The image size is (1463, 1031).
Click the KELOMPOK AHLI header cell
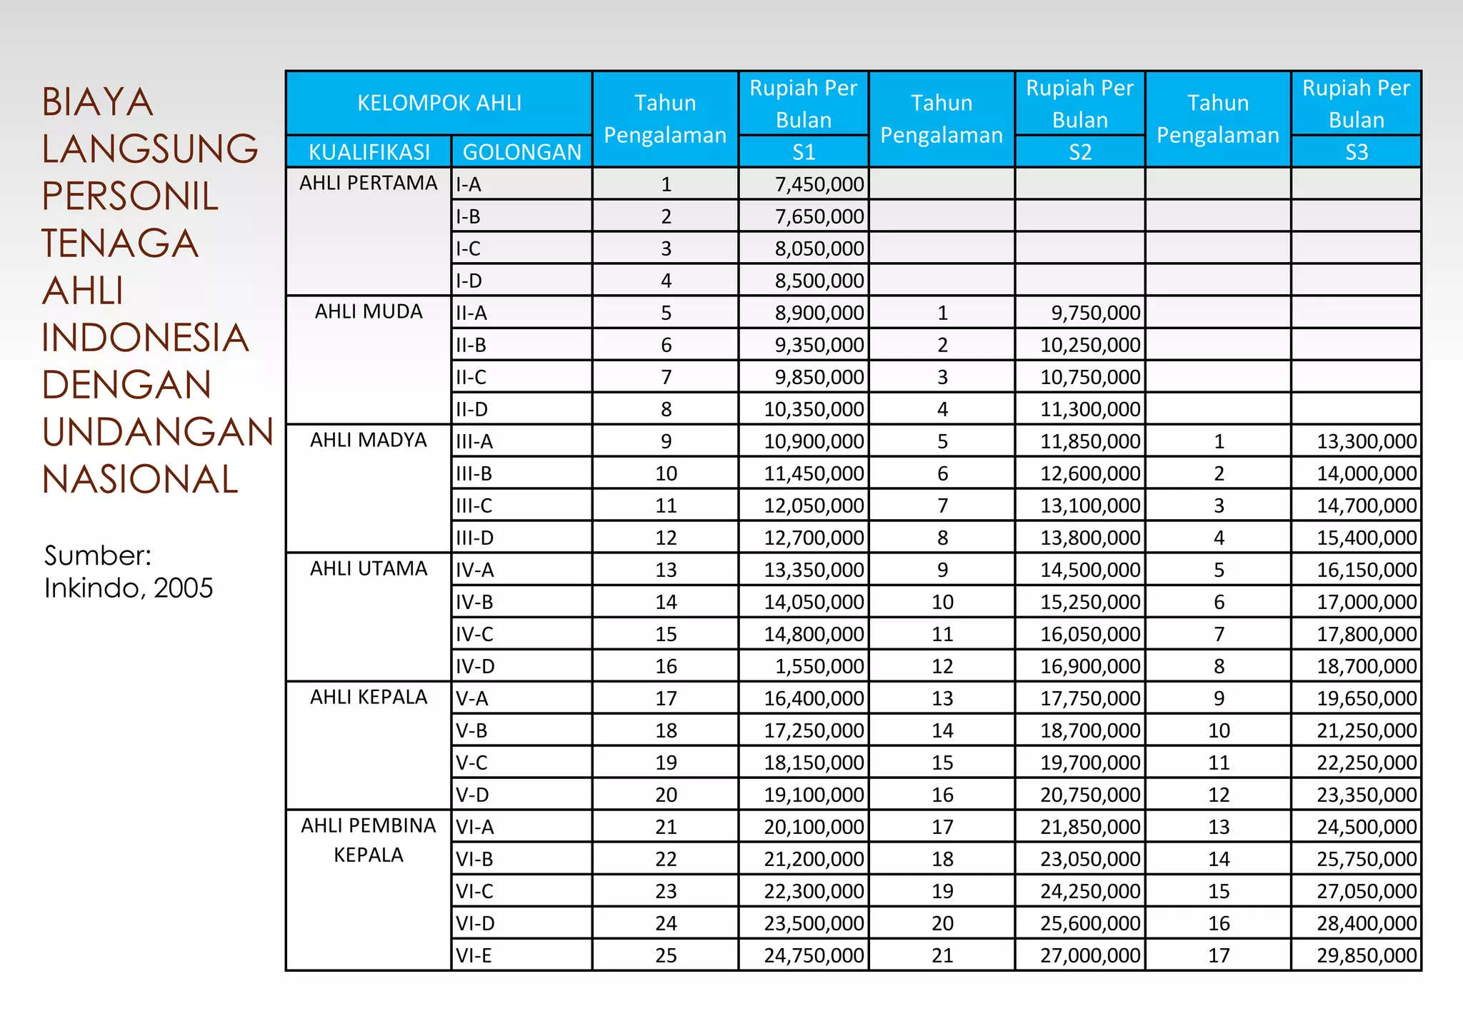[439, 104]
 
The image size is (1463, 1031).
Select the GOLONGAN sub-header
[521, 152]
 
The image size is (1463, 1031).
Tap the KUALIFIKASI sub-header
[369, 152]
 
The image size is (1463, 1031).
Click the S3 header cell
[1355, 152]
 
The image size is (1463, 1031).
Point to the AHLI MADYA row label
[368, 440]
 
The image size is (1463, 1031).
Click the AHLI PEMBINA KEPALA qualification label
[368, 840]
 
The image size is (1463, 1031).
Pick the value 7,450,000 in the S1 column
[819, 184]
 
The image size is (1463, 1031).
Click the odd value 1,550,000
[819, 666]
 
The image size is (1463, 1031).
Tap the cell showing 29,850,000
[1366, 955]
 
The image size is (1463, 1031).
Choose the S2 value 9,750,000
[1095, 313]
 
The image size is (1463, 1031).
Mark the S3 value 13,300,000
[1366, 441]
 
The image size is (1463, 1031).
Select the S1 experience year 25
[665, 955]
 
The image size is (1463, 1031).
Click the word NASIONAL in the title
[140, 479]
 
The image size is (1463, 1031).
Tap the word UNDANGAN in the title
[157, 432]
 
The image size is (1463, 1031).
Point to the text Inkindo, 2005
[129, 588]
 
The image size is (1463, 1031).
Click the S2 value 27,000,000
[1089, 955]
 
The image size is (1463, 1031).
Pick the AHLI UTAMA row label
[368, 568]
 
